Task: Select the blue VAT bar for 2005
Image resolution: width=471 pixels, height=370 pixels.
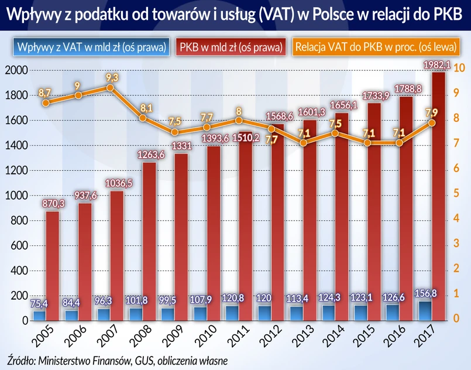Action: point(39,316)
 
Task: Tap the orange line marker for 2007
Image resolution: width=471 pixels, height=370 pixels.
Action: point(109,88)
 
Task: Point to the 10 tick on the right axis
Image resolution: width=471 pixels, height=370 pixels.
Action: point(459,68)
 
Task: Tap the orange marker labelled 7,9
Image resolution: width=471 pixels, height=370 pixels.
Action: point(432,123)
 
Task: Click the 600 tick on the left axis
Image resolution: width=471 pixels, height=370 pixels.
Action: point(18,246)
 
